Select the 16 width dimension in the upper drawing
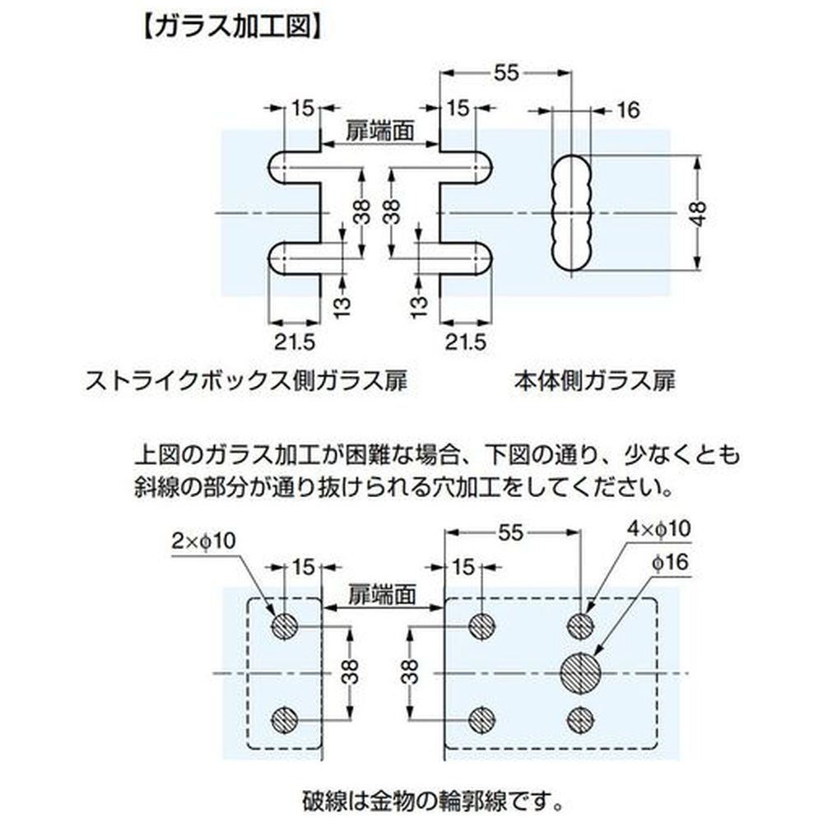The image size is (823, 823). click(x=627, y=109)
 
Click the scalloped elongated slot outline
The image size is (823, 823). click(x=571, y=212)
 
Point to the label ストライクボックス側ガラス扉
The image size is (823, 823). click(x=248, y=382)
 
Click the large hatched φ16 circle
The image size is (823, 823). click(x=581, y=673)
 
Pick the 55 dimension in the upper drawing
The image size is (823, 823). click(x=506, y=73)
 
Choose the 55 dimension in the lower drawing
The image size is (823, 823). click(x=509, y=533)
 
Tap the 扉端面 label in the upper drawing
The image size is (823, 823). click(x=379, y=130)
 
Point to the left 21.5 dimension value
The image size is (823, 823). click(x=295, y=341)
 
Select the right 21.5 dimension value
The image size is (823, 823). click(x=466, y=341)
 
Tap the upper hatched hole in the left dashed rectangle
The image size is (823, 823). click(x=284, y=626)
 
